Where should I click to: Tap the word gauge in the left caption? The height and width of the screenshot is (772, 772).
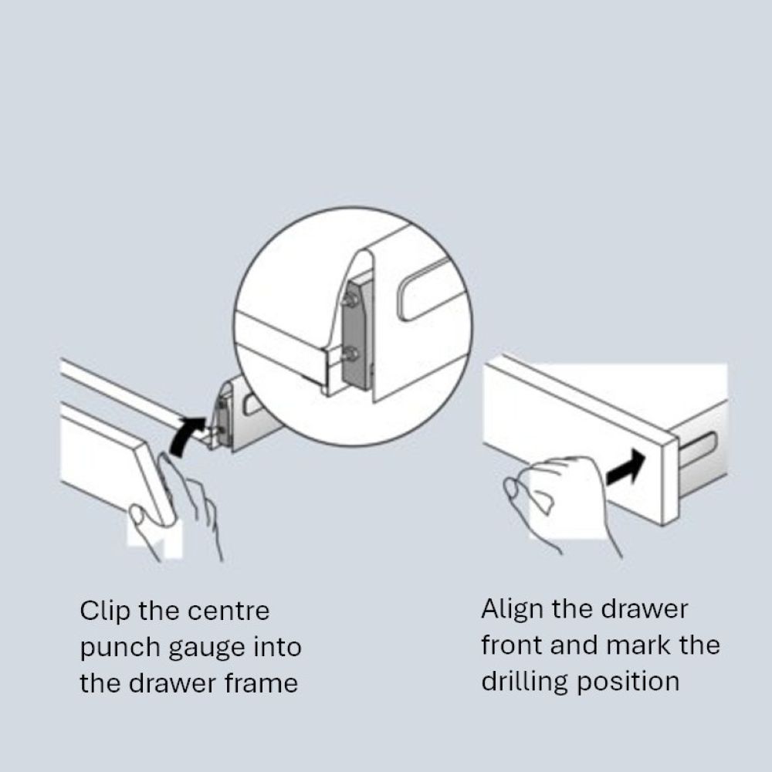(x=207, y=648)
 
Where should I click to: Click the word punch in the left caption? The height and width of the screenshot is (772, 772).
(x=120, y=648)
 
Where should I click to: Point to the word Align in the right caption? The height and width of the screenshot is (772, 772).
(x=512, y=610)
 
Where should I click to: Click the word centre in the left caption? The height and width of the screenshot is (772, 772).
(x=229, y=611)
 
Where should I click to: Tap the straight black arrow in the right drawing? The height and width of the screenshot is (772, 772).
(x=626, y=468)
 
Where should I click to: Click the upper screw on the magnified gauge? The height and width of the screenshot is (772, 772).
(x=350, y=299)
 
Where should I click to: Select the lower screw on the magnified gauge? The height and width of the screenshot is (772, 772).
(x=350, y=353)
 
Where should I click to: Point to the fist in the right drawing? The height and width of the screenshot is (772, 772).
(x=561, y=497)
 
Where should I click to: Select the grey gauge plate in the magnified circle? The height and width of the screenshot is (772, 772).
(x=355, y=335)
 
